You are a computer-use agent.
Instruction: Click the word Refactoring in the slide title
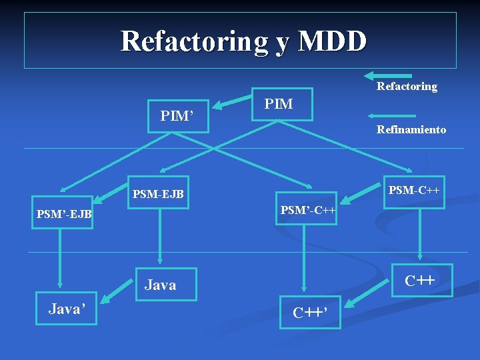coord(193,41)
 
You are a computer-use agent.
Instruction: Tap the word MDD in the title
coord(332,41)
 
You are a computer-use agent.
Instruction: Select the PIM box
coord(283,104)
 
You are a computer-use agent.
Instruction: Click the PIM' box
coord(177,116)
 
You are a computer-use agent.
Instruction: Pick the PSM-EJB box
coord(158,195)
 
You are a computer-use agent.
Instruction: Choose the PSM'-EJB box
coord(65,215)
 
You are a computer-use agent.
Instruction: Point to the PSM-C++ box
coord(414,191)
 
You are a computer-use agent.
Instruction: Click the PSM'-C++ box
coord(307,210)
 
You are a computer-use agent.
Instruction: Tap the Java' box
coord(65,308)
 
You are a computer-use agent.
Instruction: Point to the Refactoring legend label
coord(407,86)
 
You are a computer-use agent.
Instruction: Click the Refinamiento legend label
coord(411,130)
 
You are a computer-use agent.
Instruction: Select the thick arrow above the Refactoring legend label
coord(389,76)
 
